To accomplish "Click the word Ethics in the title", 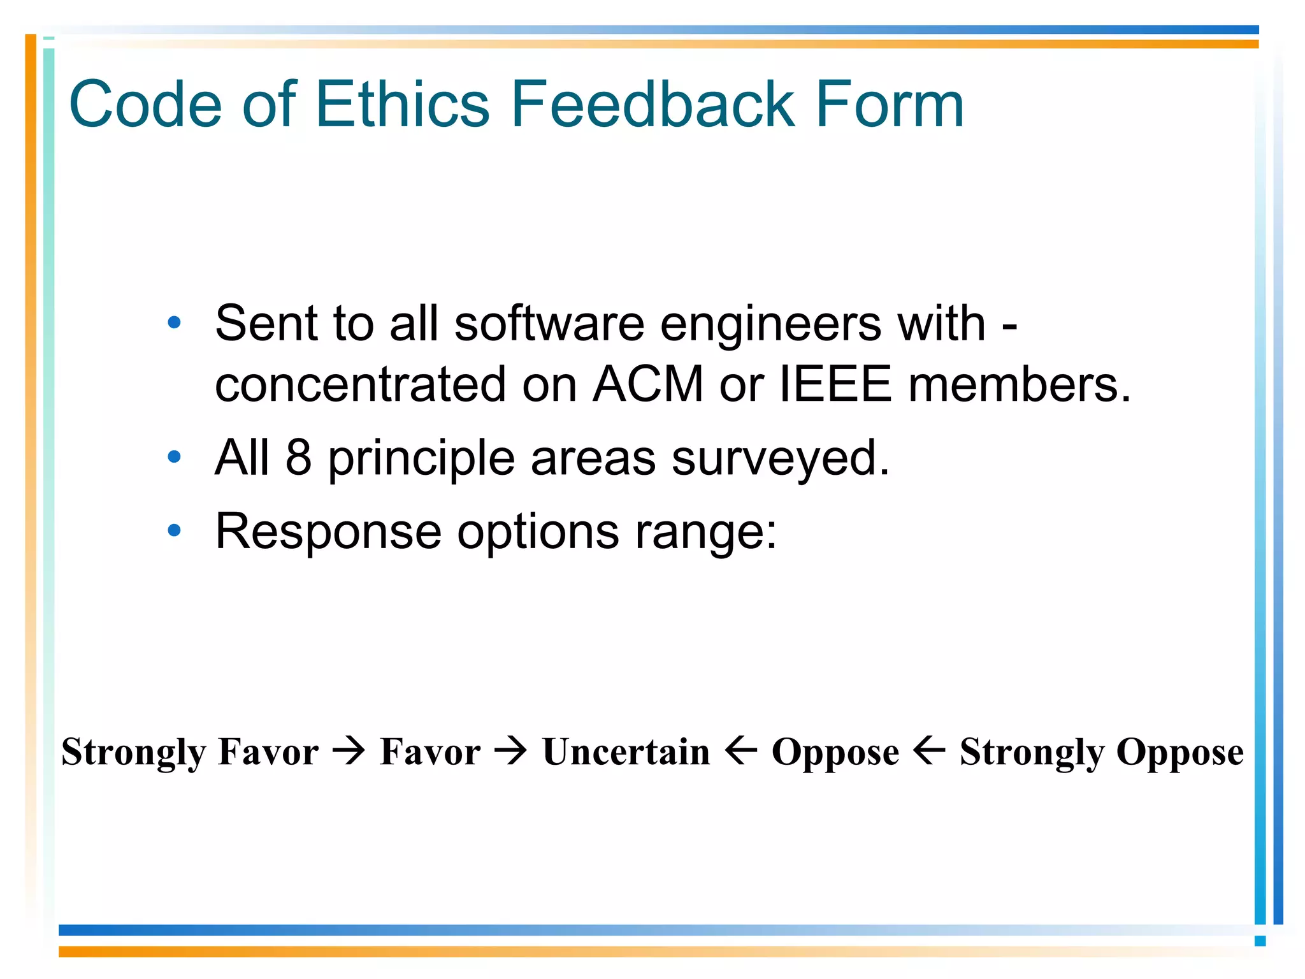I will pos(402,104).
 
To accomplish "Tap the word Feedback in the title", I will pos(652,104).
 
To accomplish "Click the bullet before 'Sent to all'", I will pos(174,323).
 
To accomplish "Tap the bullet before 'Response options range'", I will pos(174,530).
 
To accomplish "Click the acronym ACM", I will pos(648,384).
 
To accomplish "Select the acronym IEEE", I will pos(835,384).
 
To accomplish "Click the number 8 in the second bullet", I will pos(298,457).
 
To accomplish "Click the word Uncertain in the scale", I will pos(626,751).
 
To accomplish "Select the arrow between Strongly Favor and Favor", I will pos(349,751).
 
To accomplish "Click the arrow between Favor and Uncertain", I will pos(511,751).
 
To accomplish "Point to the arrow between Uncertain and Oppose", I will pos(741,751).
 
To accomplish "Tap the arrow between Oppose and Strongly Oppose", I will pos(929,751).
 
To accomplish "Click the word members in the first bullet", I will pos(1019,384).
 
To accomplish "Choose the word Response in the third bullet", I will pos(328,532).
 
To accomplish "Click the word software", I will pos(549,324).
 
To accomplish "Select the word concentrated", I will pos(360,384).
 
